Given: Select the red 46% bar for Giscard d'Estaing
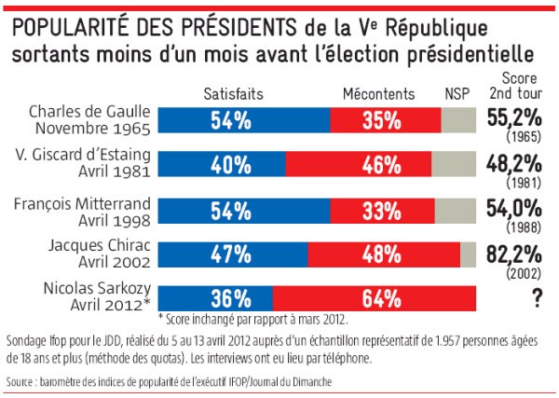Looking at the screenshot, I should point(358,164).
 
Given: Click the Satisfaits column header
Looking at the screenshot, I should point(233,93).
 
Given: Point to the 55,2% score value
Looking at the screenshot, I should point(512,117).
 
